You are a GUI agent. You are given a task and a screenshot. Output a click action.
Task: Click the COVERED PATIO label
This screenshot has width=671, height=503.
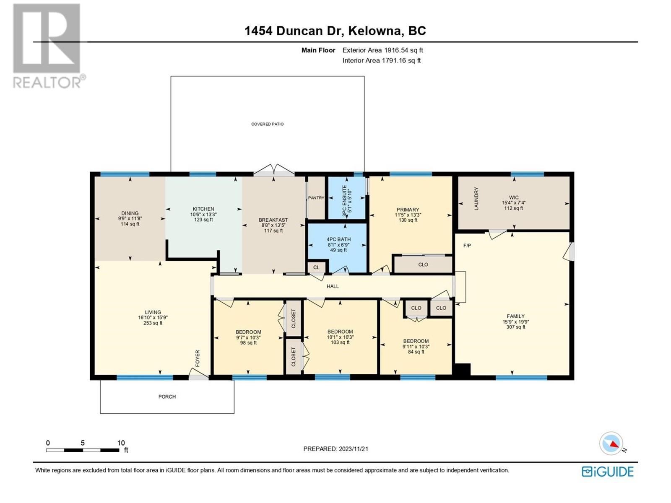pyautogui.click(x=267, y=124)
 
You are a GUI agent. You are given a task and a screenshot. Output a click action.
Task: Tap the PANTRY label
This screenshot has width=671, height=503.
pyautogui.click(x=316, y=198)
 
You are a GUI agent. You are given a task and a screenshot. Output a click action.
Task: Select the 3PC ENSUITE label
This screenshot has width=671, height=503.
pyautogui.click(x=345, y=201)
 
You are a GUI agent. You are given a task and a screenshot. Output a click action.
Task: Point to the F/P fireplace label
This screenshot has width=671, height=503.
pyautogui.click(x=467, y=246)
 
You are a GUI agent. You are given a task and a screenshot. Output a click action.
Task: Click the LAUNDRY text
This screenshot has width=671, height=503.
pyautogui.click(x=476, y=199)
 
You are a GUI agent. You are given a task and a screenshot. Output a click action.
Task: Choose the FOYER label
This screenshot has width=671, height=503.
pyautogui.click(x=198, y=358)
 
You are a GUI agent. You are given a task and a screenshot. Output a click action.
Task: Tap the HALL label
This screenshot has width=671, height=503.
pyautogui.click(x=333, y=286)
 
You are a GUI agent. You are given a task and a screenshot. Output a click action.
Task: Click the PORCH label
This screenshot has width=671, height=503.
pyautogui.click(x=167, y=397)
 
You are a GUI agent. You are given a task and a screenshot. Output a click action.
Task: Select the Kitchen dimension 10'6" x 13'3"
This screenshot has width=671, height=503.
pyautogui.click(x=203, y=214)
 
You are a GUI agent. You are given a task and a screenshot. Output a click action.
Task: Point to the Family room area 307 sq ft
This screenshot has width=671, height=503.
pyautogui.click(x=516, y=327)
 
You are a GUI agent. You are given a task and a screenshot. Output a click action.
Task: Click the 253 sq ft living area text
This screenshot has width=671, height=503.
pyautogui.click(x=153, y=323)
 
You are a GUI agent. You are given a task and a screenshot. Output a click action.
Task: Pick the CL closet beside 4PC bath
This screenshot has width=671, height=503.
pyautogui.click(x=316, y=267)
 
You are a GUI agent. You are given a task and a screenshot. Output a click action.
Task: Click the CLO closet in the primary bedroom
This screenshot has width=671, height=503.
pyautogui.click(x=423, y=264)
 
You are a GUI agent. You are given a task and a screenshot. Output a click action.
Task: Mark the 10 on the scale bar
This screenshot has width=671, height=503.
pyautogui.click(x=121, y=443)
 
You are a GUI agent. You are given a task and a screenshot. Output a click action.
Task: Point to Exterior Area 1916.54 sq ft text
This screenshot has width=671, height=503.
pyautogui.click(x=383, y=50)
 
